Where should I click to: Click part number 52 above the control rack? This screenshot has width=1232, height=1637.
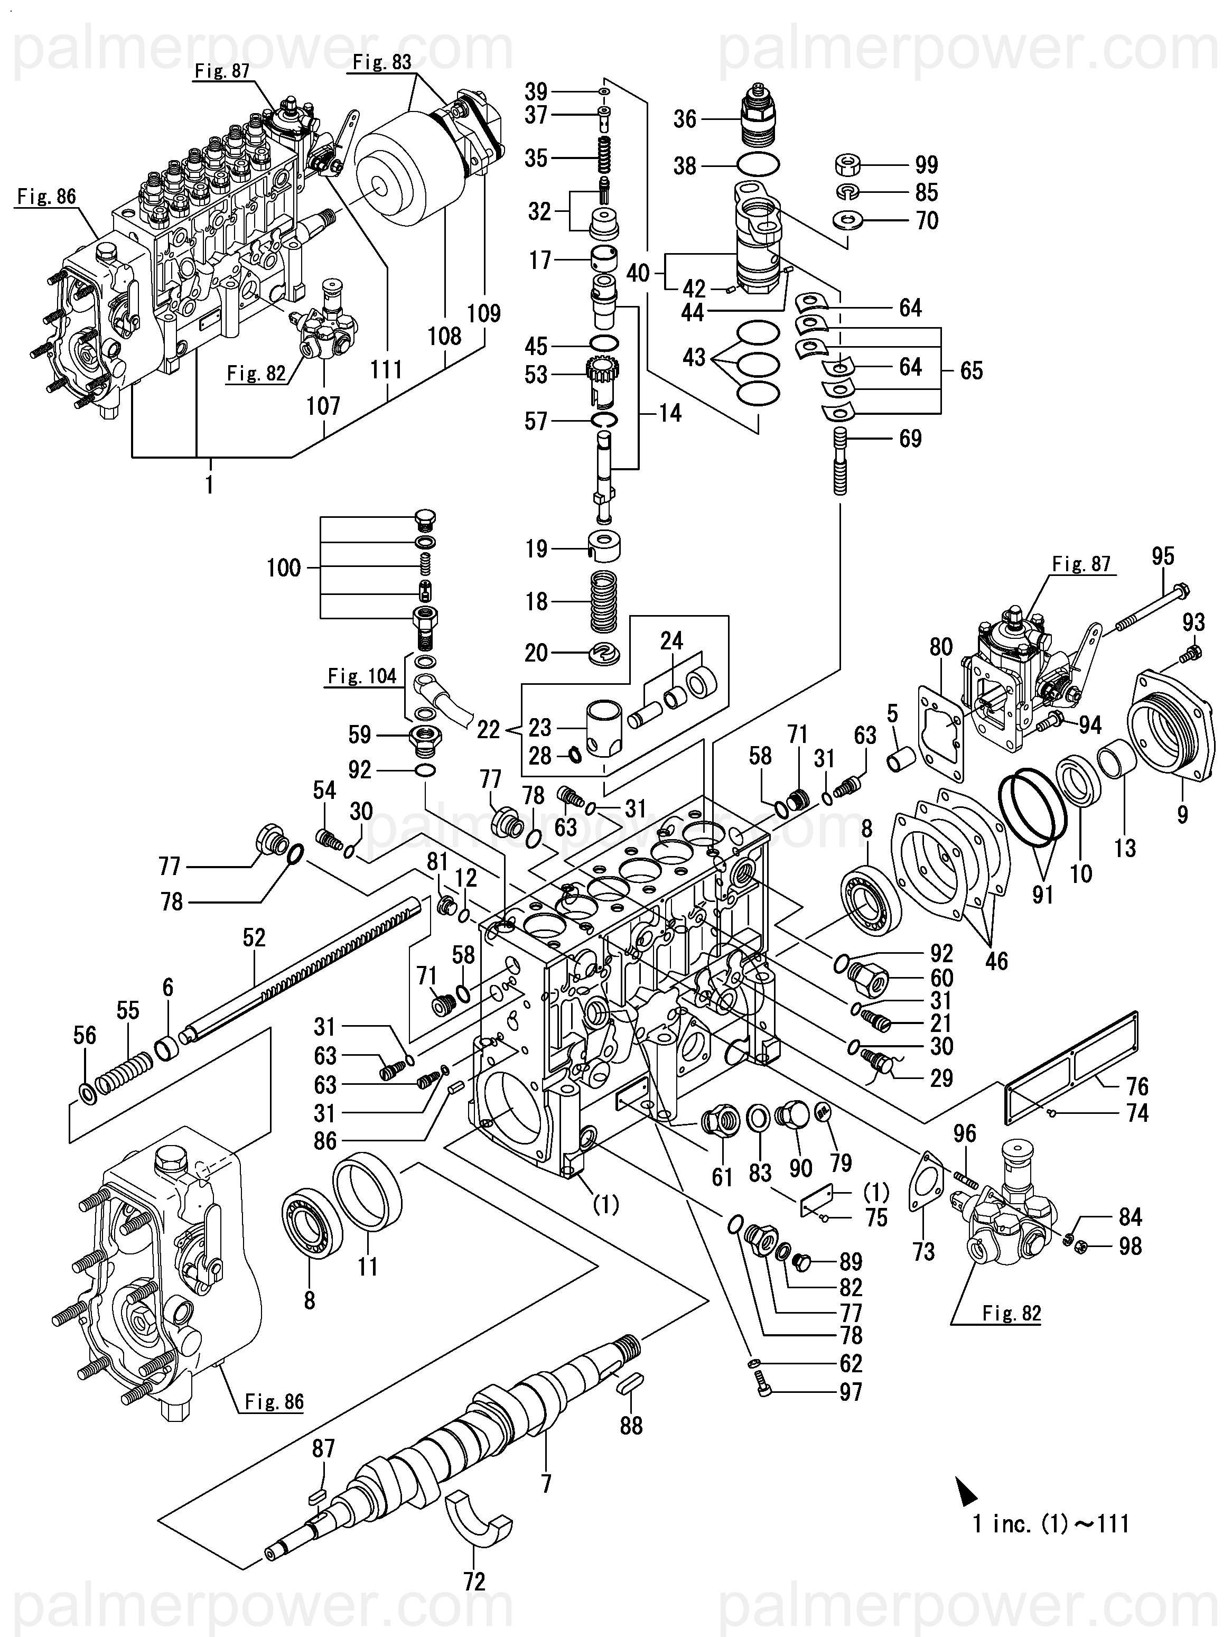254,937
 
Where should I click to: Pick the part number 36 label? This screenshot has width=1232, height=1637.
685,119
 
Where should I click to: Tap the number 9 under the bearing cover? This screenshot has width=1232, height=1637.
1182,814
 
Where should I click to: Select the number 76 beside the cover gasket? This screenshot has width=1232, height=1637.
1137,1086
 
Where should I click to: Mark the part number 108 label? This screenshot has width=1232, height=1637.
444,336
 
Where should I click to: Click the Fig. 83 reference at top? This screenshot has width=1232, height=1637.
382,62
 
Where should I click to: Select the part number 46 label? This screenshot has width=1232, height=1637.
996,961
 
